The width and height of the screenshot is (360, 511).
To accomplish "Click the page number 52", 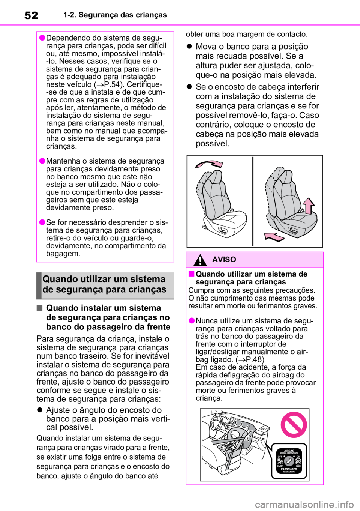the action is pyautogui.click(x=31, y=15).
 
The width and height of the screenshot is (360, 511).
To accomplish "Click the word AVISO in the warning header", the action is pyautogui.click(x=224, y=260).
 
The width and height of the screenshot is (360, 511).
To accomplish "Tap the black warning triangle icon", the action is pyautogui.click(x=200, y=260).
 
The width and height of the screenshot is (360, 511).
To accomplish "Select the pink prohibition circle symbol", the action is pyautogui.click(x=294, y=425).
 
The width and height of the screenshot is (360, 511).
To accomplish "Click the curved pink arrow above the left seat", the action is pyautogui.click(x=209, y=164).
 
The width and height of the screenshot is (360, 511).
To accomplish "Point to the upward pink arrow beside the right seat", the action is pyautogui.click(x=309, y=206).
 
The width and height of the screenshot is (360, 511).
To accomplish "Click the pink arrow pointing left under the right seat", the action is pyautogui.click(x=274, y=237).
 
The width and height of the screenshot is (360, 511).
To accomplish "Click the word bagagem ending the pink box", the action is pyautogui.click(x=63, y=254).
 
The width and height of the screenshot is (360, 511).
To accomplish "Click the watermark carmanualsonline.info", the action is pyautogui.click(x=306, y=505).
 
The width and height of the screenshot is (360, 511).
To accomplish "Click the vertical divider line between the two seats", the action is pyautogui.click(x=253, y=201).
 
